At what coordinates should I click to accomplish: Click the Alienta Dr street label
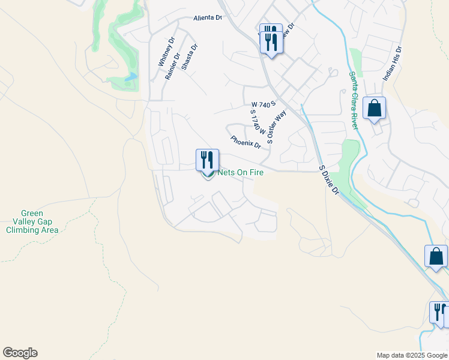tap(208, 18)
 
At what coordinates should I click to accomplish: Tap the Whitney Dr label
tap(166, 52)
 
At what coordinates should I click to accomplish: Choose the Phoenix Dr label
tap(246, 142)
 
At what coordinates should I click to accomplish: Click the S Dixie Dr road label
tap(329, 179)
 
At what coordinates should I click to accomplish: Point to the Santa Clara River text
tap(354, 100)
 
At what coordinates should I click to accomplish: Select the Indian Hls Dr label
tap(392, 65)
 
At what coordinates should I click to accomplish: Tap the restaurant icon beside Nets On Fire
tap(207, 160)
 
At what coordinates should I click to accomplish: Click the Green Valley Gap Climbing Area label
tap(40, 221)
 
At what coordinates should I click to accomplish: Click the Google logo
tap(20, 353)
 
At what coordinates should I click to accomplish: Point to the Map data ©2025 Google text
tap(412, 355)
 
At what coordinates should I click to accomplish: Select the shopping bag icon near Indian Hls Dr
tap(374, 109)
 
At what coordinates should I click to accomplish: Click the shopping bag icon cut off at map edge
tap(436, 257)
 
